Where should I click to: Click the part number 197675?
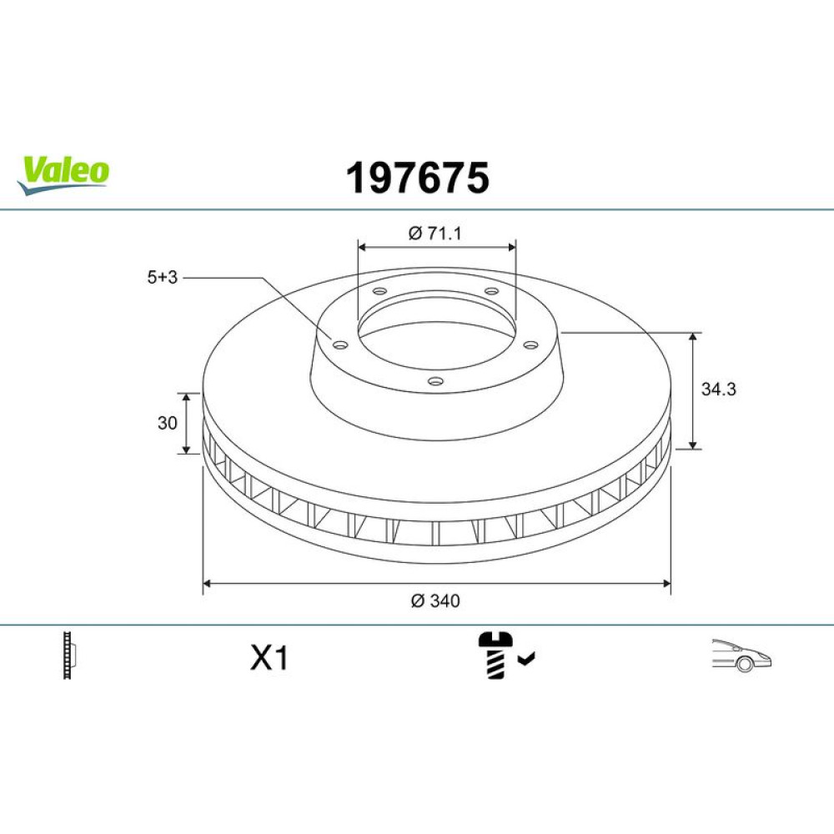pyautogui.click(x=418, y=178)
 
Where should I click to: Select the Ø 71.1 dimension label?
pyautogui.click(x=435, y=233)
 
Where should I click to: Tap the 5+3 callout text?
pyautogui.click(x=163, y=277)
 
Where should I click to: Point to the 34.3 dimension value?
pyautogui.click(x=719, y=389)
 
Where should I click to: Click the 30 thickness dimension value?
pyautogui.click(x=167, y=423)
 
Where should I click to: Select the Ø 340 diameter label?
pyautogui.click(x=435, y=601)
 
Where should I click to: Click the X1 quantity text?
pyautogui.click(x=269, y=658)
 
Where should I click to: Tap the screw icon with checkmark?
pyautogui.click(x=506, y=655)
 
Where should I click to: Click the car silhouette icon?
pyautogui.click(x=741, y=656)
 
